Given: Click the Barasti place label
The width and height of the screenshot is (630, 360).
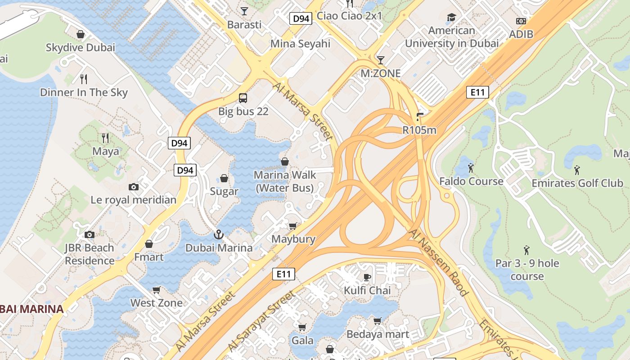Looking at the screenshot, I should coord(244,25).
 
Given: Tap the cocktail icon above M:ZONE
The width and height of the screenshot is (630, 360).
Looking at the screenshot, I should coord(381,60).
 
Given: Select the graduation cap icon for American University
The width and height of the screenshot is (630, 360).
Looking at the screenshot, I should coord(451,18).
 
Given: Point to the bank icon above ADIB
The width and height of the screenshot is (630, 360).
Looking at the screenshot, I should coord(521,21).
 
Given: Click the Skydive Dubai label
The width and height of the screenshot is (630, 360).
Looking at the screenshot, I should coord(81,47).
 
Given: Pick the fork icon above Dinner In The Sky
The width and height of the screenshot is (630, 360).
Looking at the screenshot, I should coord(83,79).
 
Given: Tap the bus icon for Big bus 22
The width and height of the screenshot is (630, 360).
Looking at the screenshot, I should coord(243,98).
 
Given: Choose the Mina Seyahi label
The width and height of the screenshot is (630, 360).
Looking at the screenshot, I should coord(300,44).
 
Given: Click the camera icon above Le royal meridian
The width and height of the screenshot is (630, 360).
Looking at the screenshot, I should coord(134,187).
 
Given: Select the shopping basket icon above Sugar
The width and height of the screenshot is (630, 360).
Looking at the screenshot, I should coord(224,178).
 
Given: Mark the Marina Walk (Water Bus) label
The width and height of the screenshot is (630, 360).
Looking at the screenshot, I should coord(285,181).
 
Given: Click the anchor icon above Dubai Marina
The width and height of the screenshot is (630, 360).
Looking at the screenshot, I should coord(219,234).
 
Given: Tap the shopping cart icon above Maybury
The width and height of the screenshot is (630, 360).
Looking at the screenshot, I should coord(293,226).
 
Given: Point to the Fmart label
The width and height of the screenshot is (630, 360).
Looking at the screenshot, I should coord(149,257).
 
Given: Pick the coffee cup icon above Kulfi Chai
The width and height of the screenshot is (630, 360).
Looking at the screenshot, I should coord(367,277).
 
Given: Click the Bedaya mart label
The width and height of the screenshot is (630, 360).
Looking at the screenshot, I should coord(378,334).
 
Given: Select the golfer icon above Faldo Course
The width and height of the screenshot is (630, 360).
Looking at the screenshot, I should coord(471,168).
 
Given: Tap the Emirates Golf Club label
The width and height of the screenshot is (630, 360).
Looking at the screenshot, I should coord(577,183).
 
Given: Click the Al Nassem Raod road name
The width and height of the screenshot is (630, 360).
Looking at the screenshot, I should coord(439,262).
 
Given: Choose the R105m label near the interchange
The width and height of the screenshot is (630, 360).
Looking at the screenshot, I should coord(419,130).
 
